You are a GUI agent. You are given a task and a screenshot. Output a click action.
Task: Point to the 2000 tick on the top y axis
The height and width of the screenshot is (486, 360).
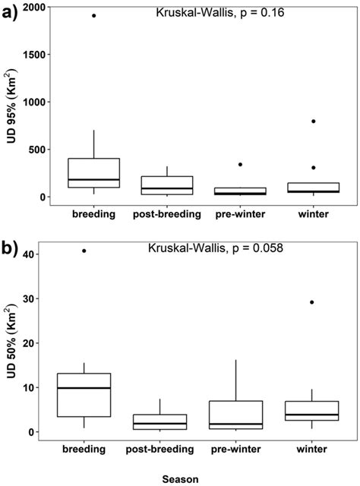click(33, 7)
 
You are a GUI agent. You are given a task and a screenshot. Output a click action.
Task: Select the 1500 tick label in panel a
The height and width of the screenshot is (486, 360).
click(33, 55)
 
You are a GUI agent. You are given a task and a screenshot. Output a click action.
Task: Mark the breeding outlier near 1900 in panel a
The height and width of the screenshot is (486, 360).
click(94, 15)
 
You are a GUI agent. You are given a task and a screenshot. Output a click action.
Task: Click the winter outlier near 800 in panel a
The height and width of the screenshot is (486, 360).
click(313, 121)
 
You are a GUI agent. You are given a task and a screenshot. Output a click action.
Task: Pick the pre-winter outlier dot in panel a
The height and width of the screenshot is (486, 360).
click(240, 164)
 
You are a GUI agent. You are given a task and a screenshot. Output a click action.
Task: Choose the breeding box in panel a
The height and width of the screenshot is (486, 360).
click(94, 173)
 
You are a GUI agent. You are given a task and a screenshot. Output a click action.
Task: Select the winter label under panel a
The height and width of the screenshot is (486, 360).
click(313, 214)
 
